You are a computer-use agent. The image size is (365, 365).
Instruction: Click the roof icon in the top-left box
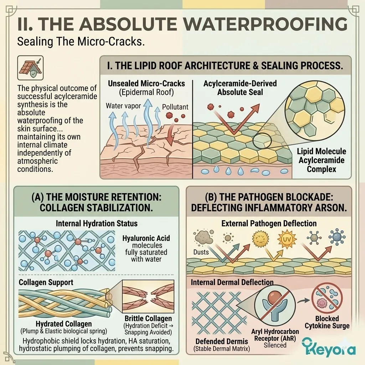(30, 68)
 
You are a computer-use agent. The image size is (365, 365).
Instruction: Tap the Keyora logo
(329, 348)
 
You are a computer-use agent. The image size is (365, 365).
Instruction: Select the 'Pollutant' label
(175, 107)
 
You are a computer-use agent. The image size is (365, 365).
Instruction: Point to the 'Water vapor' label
(123, 106)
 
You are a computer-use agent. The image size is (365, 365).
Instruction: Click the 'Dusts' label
(201, 252)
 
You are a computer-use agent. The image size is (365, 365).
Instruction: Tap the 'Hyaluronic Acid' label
(146, 238)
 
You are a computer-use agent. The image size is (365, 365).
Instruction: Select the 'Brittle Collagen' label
(148, 318)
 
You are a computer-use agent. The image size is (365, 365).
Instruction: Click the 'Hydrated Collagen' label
(63, 324)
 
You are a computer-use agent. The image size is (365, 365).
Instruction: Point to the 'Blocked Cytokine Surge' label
(327, 322)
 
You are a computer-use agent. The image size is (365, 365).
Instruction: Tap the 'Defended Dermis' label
(222, 341)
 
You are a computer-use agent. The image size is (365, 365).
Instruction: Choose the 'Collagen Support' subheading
(46, 282)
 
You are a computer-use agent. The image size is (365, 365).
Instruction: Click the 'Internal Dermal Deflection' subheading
(232, 282)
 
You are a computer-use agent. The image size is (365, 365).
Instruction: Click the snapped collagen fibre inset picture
(148, 296)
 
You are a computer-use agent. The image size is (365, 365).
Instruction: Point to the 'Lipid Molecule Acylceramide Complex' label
(321, 160)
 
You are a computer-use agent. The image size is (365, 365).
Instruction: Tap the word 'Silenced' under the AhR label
(275, 345)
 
